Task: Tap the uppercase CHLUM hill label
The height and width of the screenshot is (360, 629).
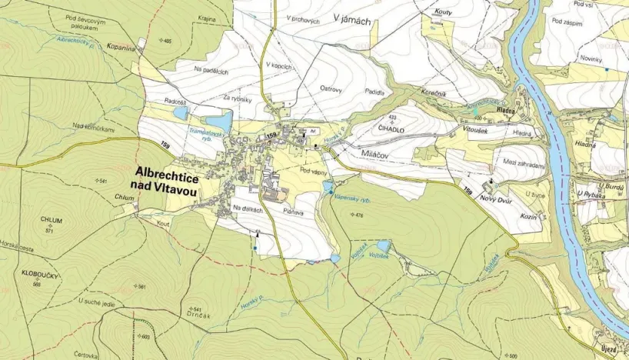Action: tap(52, 221)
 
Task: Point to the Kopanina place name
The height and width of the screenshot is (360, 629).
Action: tap(122, 47)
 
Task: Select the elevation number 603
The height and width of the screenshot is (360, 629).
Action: tap(145, 336)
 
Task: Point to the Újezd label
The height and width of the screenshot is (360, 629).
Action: tap(608, 349)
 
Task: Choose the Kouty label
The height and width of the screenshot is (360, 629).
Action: tap(442, 14)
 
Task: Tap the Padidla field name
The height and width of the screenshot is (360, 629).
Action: tap(374, 91)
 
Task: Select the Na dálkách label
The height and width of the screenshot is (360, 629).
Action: tap(248, 209)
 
